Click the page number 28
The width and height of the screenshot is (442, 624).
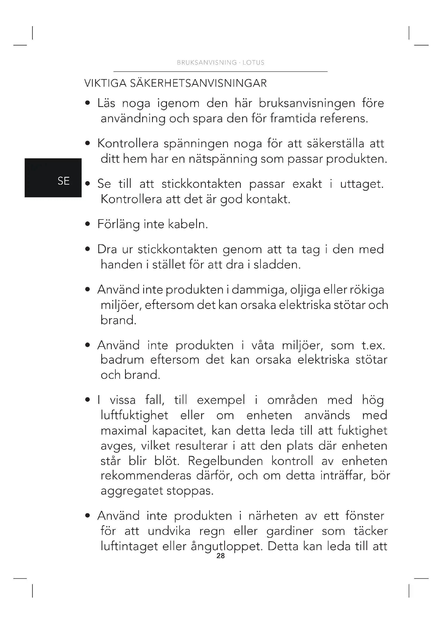click(x=220, y=556)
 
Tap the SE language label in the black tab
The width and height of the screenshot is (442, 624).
click(x=63, y=181)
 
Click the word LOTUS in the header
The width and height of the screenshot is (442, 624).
click(x=253, y=62)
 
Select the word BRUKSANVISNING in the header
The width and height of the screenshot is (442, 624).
click(x=207, y=62)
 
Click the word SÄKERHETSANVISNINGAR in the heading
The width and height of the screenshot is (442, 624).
click(x=198, y=83)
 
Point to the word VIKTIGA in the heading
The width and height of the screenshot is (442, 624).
click(x=105, y=83)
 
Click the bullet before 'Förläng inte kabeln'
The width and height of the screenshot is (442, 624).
click(x=87, y=224)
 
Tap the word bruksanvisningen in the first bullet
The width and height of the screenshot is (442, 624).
click(x=307, y=103)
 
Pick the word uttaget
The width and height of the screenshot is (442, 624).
click(x=362, y=184)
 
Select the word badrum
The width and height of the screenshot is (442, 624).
click(x=122, y=360)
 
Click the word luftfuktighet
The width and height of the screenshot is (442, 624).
click(x=134, y=416)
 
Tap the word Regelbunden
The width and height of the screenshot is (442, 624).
click(x=225, y=461)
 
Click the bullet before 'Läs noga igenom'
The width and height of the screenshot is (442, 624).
click(x=87, y=103)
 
